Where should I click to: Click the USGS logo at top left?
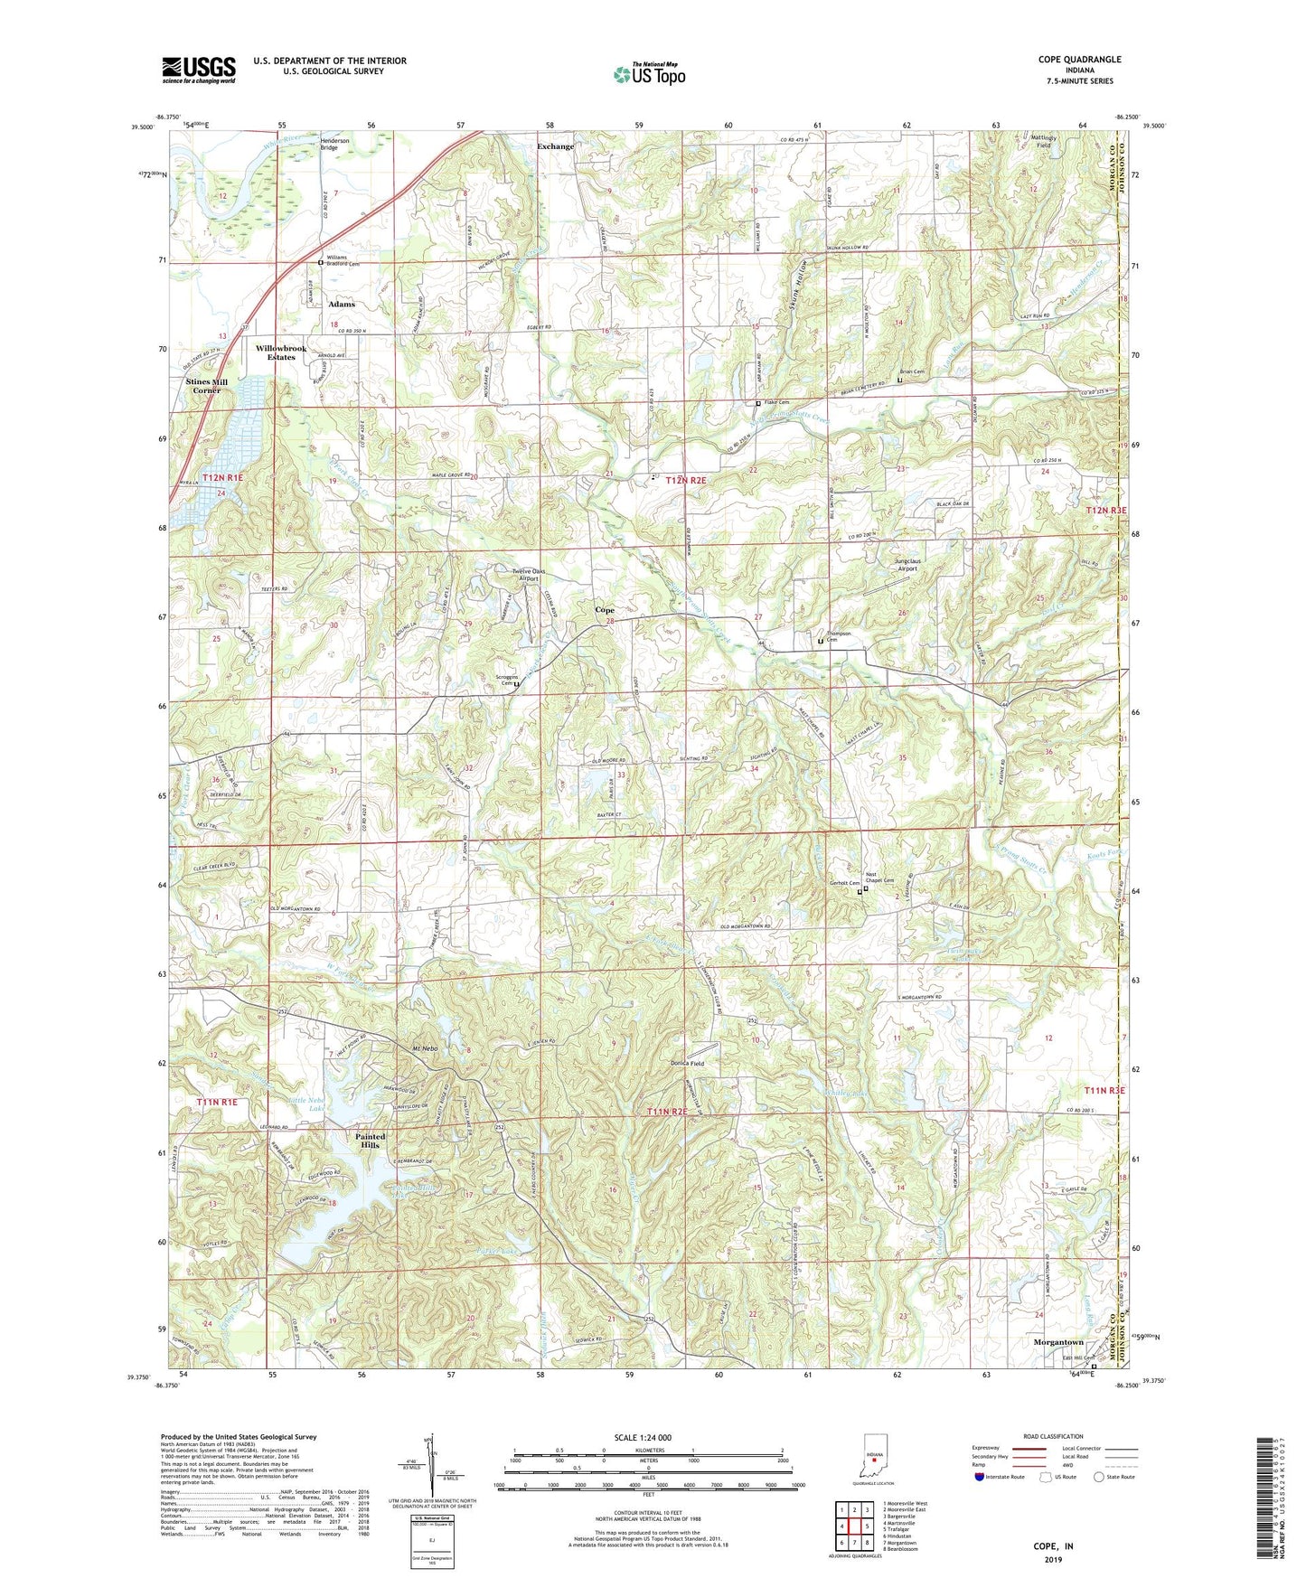click(x=199, y=70)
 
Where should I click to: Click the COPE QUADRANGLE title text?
click(x=1079, y=60)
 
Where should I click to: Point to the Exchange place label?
click(x=555, y=146)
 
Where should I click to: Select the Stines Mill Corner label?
click(x=206, y=386)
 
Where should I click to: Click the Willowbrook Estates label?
click(x=281, y=352)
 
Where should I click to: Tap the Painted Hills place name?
click(x=370, y=1141)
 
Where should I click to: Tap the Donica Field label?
click(x=687, y=1064)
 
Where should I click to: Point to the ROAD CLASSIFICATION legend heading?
click(x=1054, y=1437)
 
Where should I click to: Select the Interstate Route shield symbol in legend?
click(x=981, y=1478)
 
